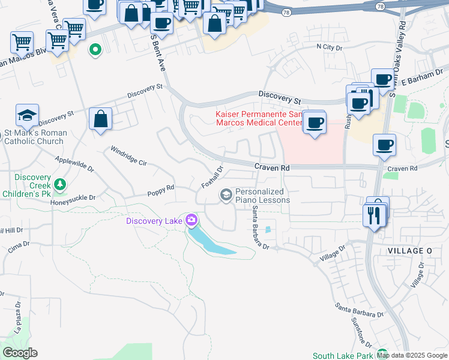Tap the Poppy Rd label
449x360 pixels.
coord(161,191)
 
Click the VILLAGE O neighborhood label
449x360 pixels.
coord(410,250)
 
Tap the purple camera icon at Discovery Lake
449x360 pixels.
coord(191,221)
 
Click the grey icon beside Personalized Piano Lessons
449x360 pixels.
coord(226,194)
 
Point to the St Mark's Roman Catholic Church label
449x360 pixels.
coord(34,137)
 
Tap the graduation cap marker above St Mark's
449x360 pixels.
coord(27,115)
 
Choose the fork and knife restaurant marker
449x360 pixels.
coord(375,214)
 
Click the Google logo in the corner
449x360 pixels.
coord(20,353)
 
